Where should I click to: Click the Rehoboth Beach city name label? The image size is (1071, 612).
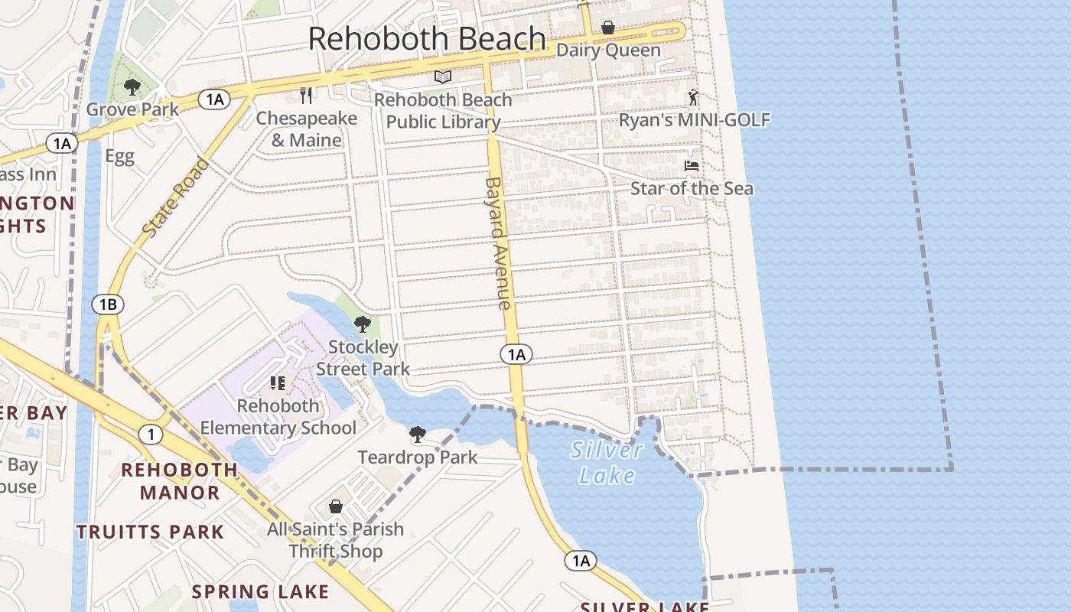[x=427, y=39]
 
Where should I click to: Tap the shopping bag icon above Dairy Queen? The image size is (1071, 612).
[x=608, y=28]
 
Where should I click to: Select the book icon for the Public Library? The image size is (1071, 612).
[x=442, y=76]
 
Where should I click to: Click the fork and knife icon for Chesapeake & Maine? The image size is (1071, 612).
[x=307, y=96]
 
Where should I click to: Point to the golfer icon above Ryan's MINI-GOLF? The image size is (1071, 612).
[x=693, y=97]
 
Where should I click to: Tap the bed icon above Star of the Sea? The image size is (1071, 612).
[x=692, y=166]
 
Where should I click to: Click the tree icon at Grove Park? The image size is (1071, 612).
[x=132, y=87]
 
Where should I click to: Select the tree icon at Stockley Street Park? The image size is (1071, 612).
[x=363, y=324]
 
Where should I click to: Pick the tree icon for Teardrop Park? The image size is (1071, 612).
[x=417, y=435]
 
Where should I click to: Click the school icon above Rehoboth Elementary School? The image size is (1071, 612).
[x=278, y=382]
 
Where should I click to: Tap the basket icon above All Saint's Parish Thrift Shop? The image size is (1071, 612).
[x=335, y=506]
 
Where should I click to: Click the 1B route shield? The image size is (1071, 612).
[x=107, y=304]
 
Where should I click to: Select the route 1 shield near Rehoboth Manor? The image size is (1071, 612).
[x=151, y=435]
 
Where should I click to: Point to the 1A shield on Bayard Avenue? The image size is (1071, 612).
[x=516, y=354]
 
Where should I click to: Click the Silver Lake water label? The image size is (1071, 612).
[x=607, y=462]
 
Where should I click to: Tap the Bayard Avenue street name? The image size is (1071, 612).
[x=496, y=243]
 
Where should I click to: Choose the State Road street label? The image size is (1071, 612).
[x=175, y=197]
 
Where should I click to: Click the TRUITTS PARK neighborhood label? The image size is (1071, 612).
[x=150, y=532]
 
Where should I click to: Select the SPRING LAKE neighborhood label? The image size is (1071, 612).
[x=260, y=591]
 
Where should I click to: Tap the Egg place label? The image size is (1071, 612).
[x=119, y=157]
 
